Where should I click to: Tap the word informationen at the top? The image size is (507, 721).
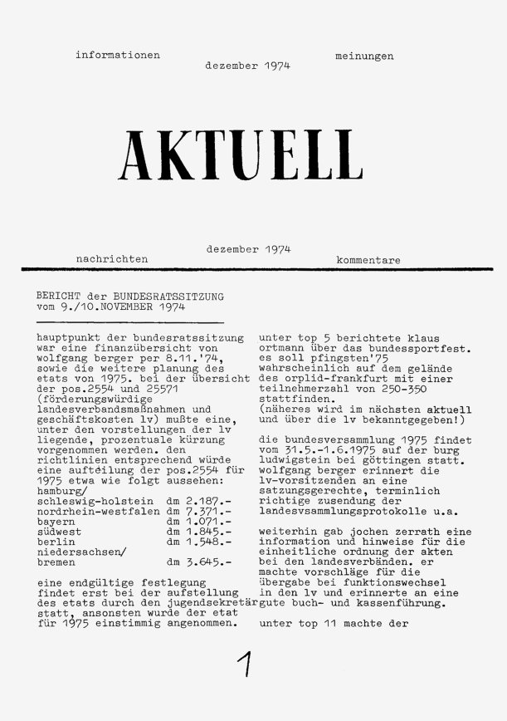117,56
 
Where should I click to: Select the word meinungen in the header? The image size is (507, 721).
364,56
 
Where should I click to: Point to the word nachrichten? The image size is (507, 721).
112,260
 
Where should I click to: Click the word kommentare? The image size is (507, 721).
368,260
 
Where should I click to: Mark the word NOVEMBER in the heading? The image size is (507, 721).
118,306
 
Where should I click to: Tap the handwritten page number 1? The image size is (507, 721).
246,667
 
